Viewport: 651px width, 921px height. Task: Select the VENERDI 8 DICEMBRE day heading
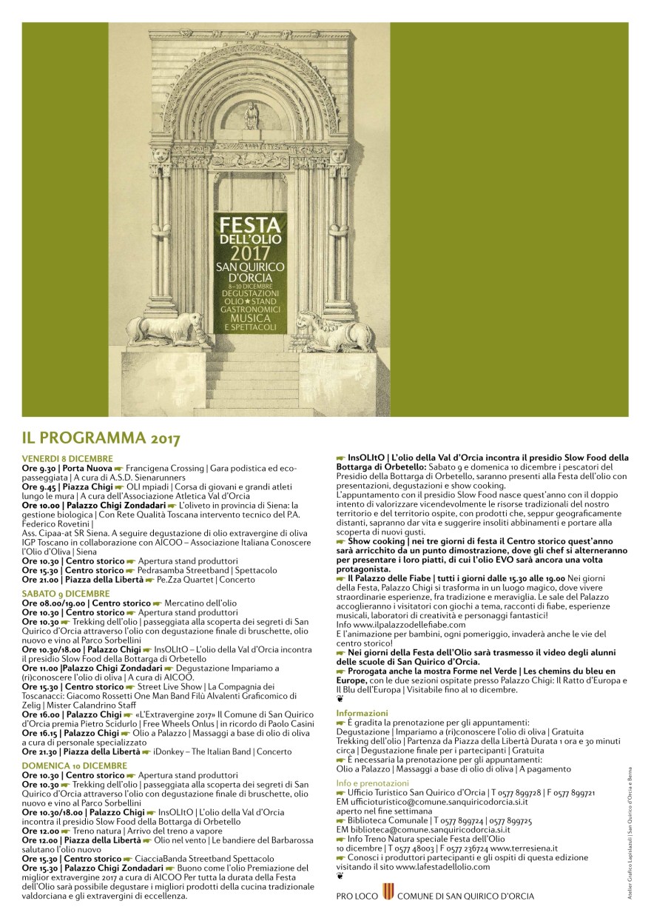[x=67, y=459]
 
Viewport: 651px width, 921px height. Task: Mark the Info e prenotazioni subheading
[x=372, y=783]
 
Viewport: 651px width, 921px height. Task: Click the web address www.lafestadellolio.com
[x=443, y=865]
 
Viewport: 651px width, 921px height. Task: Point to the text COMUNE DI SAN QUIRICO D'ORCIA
[x=465, y=896]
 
